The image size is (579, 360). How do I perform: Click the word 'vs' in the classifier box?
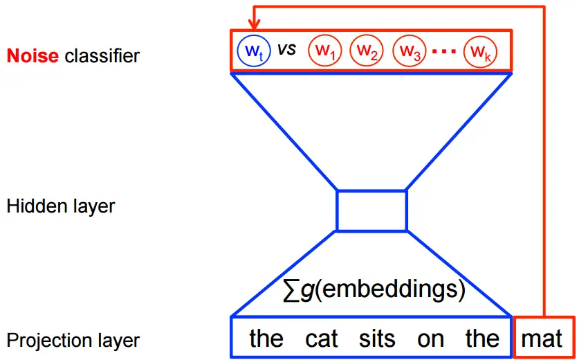(x=286, y=49)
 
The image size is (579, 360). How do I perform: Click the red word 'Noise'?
(x=33, y=55)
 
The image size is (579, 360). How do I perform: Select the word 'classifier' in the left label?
(x=102, y=55)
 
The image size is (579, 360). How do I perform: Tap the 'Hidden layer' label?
(x=61, y=206)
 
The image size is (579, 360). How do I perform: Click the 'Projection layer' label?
(x=73, y=341)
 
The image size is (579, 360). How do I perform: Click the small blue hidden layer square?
(x=371, y=210)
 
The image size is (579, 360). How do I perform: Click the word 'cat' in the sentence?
(x=322, y=339)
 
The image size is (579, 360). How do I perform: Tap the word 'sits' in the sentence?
(x=377, y=339)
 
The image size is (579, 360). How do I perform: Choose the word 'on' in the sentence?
(x=430, y=339)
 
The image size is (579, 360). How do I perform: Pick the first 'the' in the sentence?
(x=266, y=339)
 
